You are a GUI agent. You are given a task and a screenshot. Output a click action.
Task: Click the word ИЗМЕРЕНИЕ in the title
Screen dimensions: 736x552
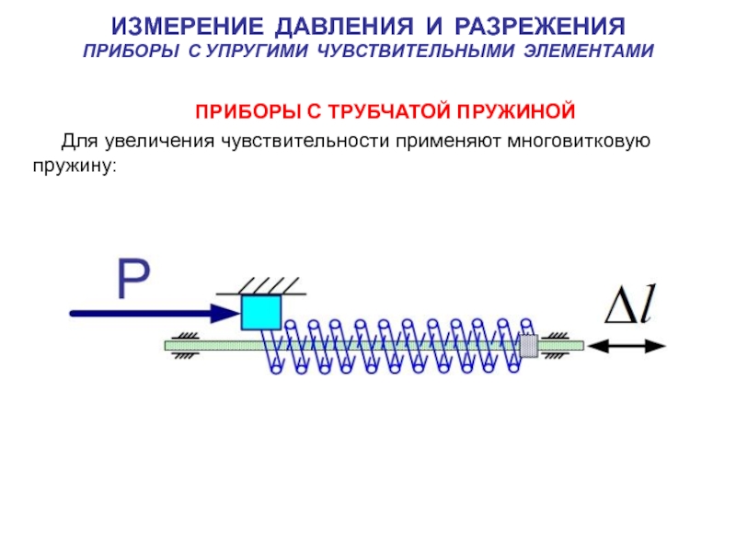point(187,27)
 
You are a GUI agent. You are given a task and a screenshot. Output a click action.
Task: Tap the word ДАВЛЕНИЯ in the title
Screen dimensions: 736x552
point(344,27)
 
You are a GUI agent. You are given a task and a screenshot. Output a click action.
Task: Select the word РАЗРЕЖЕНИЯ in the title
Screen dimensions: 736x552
point(540,27)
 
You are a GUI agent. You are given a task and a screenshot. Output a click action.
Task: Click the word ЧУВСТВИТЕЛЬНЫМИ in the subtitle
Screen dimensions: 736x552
point(416,51)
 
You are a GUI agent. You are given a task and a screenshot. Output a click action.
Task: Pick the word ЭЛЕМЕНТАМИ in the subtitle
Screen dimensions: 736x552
point(589,51)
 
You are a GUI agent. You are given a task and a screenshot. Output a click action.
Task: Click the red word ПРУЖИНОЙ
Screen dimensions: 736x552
point(516,111)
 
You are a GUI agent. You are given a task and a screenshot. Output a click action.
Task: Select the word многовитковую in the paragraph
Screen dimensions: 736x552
point(579,141)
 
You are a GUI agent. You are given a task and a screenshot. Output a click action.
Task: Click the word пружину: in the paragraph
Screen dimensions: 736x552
point(75,166)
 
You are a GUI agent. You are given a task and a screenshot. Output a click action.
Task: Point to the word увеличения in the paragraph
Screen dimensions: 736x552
point(159,141)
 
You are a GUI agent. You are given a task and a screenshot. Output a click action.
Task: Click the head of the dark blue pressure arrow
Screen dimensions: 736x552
point(225,313)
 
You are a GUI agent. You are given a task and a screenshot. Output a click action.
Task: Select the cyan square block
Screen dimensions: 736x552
point(261,312)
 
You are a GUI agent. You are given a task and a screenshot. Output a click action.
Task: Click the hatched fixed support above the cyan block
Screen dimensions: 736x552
point(261,286)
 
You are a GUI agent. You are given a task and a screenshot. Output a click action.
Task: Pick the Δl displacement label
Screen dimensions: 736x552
point(630,305)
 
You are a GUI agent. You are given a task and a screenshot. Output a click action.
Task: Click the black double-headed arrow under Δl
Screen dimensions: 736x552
point(627,347)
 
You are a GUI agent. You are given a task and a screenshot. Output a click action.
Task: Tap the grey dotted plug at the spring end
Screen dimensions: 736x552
point(529,346)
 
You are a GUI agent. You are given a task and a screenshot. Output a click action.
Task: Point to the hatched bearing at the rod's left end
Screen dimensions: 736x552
point(186,346)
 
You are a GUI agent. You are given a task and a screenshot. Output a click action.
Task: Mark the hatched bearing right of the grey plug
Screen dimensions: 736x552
point(557,346)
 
